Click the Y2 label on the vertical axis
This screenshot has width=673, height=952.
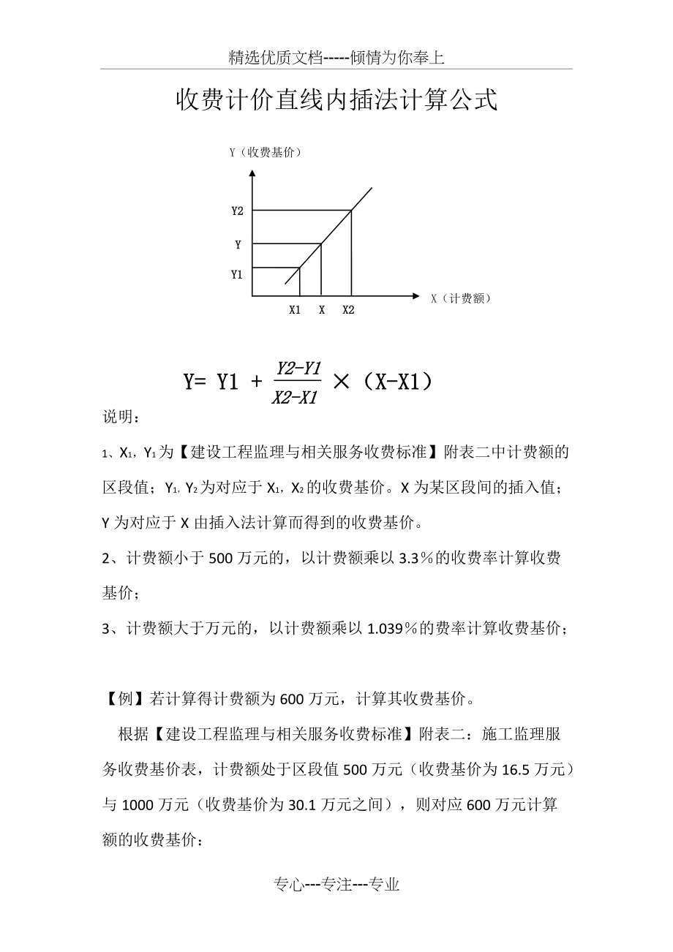click(237, 211)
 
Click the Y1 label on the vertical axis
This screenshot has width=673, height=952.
click(237, 275)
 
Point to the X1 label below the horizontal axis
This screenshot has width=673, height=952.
click(295, 310)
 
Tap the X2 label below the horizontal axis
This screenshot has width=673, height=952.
click(348, 310)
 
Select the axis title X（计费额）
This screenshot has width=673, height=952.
click(460, 298)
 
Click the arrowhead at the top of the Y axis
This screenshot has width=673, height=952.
click(252, 174)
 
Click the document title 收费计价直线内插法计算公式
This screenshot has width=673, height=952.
click(336, 101)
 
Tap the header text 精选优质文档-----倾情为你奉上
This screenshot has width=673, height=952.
click(336, 58)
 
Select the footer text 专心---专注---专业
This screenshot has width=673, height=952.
click(336, 885)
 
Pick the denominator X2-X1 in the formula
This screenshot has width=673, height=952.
click(294, 397)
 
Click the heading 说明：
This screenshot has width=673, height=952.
click(120, 418)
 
